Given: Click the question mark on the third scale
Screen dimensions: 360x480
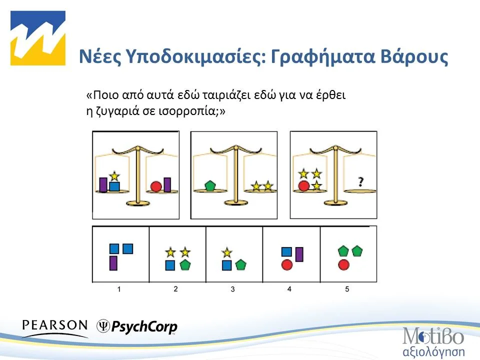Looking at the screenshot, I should pos(360,182).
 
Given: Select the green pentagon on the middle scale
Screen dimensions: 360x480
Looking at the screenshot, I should pos(210,186).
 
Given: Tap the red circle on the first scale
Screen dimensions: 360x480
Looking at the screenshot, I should pos(155,187).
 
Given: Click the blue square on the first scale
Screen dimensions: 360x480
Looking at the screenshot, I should pos(114,186).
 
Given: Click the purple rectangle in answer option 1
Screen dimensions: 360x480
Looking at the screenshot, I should pos(113,262).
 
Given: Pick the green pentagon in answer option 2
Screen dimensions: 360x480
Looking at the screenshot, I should pos(185,265).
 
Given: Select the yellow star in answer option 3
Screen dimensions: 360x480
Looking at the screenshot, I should pos(227,252).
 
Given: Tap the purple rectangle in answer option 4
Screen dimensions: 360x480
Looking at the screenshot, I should pos(299,254).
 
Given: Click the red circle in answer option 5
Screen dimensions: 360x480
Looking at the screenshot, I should pos(343,265).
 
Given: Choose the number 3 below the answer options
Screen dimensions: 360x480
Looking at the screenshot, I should pos(233,289).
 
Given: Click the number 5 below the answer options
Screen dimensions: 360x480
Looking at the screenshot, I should pos(347,289).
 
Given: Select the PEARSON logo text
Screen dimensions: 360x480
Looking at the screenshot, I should pos(55,325).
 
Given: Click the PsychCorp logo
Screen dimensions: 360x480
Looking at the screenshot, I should pos(137,326).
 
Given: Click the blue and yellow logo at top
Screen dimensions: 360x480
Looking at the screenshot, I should pos(38,38).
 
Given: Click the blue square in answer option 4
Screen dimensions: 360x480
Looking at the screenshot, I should pos(286,251).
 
